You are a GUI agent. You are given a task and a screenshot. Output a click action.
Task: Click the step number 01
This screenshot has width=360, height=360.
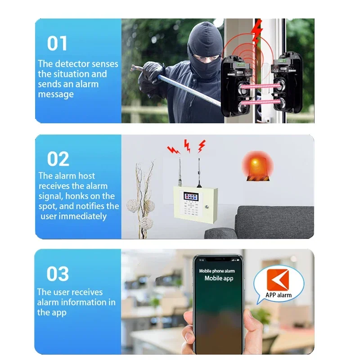tap(57, 44)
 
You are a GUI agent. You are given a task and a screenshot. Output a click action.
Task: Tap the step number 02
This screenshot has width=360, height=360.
tap(58, 159)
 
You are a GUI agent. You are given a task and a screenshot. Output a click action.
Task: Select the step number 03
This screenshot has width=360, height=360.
tap(58, 274)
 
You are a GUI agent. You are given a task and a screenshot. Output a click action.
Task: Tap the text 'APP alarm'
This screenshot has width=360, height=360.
tap(279, 295)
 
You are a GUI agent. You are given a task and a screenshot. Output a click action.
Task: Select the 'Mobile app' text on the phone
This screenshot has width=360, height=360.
tap(219, 278)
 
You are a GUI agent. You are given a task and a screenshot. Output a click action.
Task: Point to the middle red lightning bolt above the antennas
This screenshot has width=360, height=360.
tap(187, 144)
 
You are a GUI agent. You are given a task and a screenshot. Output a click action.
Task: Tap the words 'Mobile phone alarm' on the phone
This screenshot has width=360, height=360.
tap(217, 271)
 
